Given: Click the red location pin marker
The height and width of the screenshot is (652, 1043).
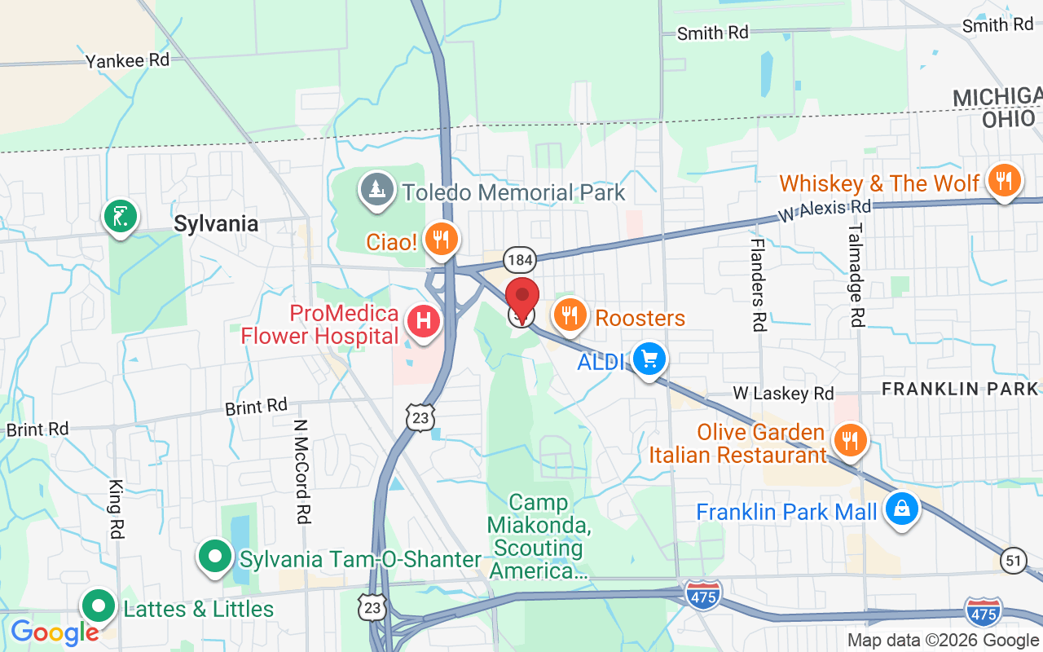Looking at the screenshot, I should coord(522,298).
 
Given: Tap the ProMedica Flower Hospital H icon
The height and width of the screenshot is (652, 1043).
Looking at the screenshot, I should coord(424,320).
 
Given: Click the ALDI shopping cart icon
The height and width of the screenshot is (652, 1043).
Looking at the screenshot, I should coord(649,358).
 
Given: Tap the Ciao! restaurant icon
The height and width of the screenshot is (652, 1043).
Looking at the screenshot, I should coord(441,238).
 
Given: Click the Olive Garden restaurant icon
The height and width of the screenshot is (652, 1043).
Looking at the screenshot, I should coord(850,440).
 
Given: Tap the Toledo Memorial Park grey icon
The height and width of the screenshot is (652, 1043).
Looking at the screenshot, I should coord(376,190).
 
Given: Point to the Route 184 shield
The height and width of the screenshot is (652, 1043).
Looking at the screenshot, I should coord(519,260).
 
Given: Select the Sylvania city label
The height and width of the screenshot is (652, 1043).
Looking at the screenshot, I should coord(216,224).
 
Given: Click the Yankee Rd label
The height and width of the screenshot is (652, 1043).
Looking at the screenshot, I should coord(127,60).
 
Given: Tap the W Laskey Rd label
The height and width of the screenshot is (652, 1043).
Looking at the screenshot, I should coord(782,394).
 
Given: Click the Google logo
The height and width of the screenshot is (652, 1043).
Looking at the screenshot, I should coord(54,632).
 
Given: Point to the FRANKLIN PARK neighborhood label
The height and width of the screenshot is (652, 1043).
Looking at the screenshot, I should coord(962,389).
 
